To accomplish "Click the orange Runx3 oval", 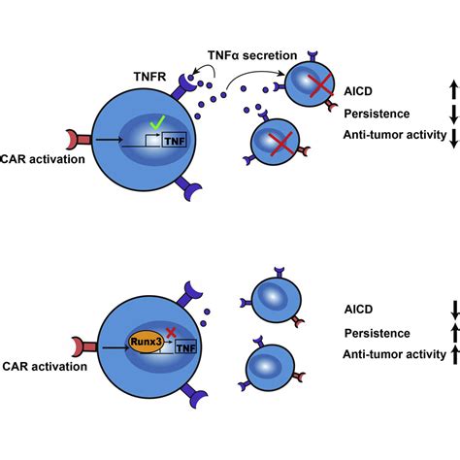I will tap(142, 342).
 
